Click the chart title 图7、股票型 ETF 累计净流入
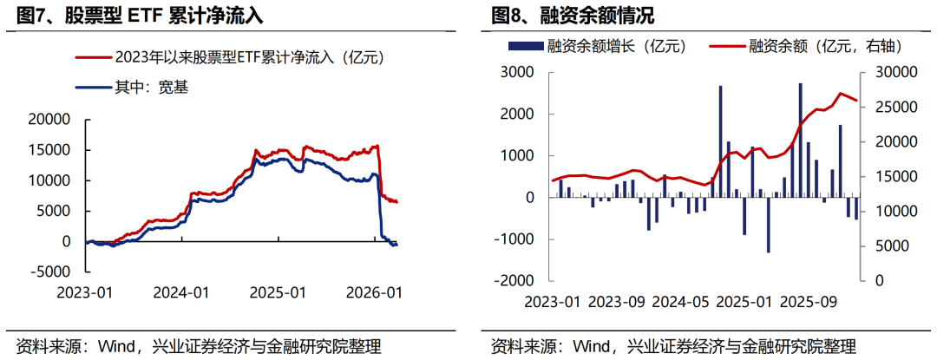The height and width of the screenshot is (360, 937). click(139, 16)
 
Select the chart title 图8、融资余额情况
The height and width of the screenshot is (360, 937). click(573, 16)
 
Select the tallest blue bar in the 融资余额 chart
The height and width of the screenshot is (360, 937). click(800, 140)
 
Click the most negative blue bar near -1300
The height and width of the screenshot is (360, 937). click(768, 225)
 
